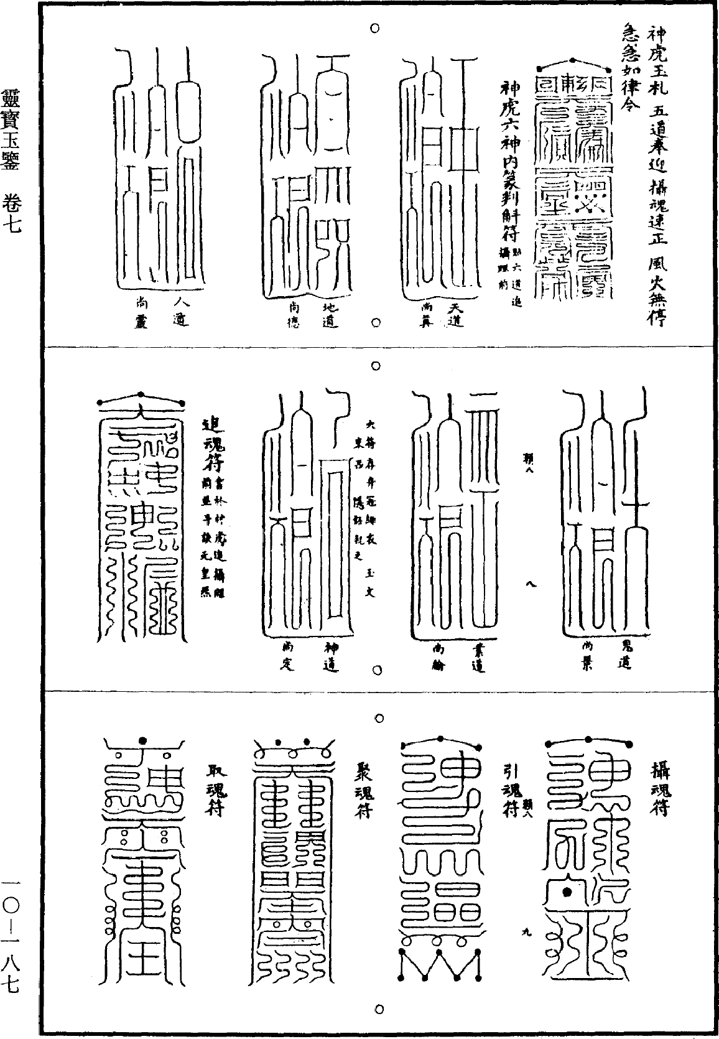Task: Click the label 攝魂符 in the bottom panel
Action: click(660, 790)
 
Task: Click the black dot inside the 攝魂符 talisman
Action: click(567, 893)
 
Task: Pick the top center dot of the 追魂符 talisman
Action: click(141, 395)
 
